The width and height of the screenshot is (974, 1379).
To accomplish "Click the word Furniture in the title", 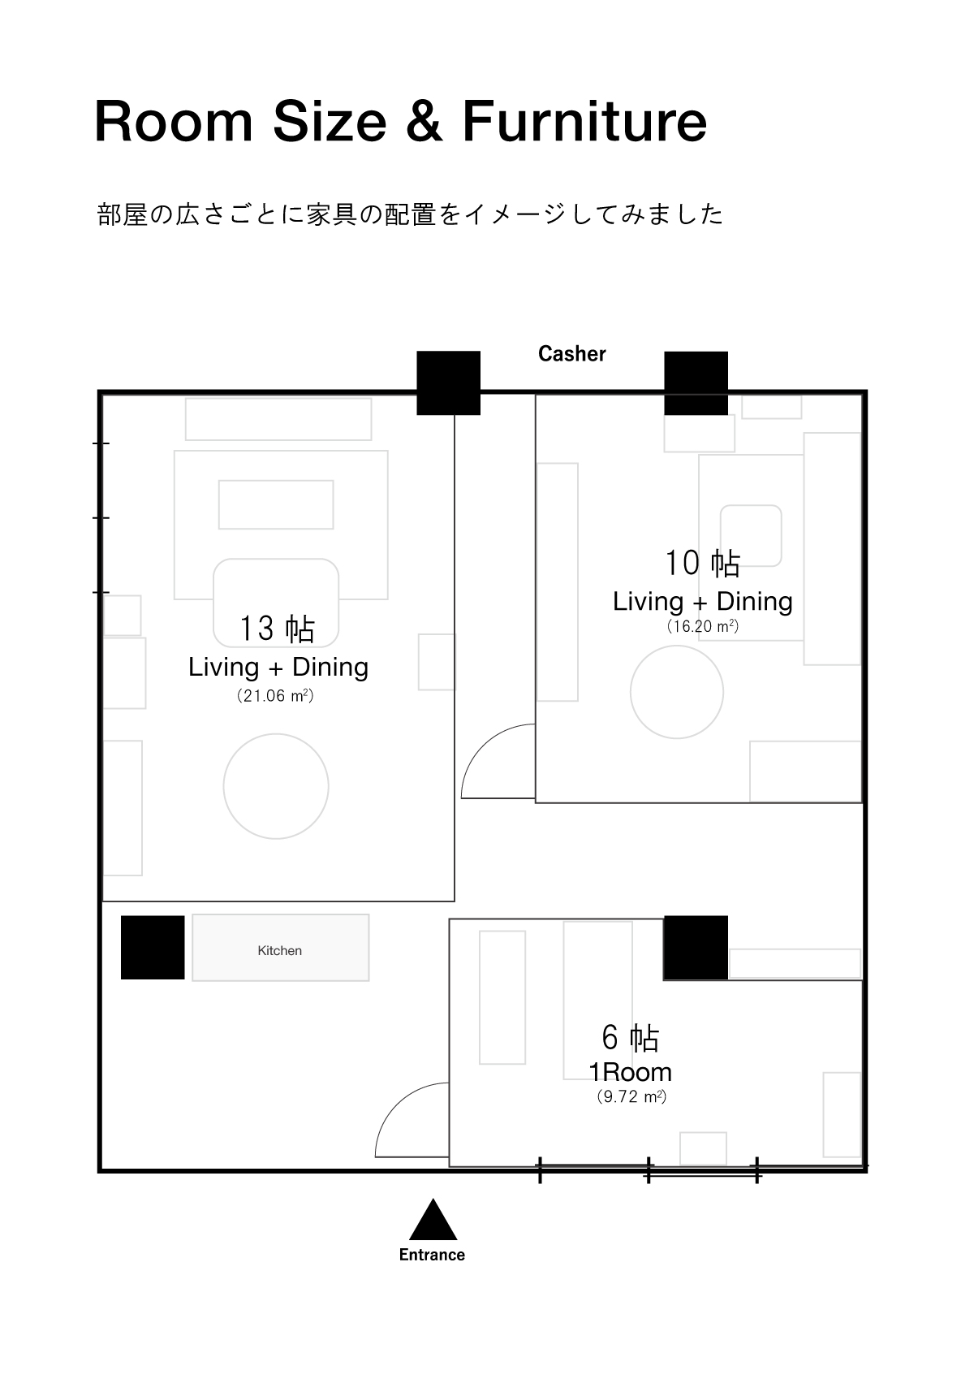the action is [584, 121].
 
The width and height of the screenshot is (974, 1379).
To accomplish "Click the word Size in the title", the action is [330, 121].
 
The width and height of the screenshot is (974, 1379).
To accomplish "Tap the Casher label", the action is [571, 353].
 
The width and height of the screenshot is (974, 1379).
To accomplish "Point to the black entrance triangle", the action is [433, 1219].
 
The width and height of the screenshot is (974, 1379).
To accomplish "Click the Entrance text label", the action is [432, 1255].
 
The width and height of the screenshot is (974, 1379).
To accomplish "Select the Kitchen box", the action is [281, 948].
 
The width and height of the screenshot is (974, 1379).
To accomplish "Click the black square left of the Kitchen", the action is [153, 948].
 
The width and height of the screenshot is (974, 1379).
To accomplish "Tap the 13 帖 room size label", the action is [277, 629].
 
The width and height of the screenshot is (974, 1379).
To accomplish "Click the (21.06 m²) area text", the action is [275, 696].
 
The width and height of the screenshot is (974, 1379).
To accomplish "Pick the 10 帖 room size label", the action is [703, 564].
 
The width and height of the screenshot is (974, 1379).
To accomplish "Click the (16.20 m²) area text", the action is [703, 626].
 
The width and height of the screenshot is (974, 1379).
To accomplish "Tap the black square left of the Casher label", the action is [449, 383].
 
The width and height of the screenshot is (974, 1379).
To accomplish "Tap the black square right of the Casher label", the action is [696, 383].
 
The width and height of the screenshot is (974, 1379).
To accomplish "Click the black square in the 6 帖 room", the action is [696, 948].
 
